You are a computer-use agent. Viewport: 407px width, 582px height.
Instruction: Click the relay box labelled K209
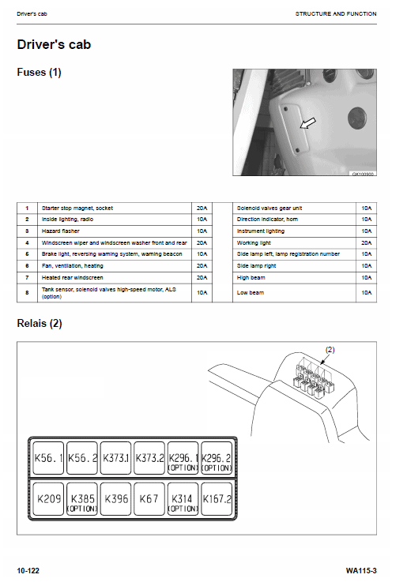(x=48, y=498)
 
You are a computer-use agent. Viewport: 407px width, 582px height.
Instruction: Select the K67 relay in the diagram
(x=149, y=498)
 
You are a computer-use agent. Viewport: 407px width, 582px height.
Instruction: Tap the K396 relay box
(x=115, y=498)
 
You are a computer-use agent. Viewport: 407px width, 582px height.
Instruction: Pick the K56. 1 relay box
(x=48, y=458)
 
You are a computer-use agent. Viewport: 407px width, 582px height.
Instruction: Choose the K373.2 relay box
(x=149, y=458)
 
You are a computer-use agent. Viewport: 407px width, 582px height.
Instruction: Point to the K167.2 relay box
(x=216, y=498)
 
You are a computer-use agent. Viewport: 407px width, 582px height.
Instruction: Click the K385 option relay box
(x=82, y=498)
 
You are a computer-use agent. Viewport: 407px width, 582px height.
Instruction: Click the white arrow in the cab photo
(x=308, y=123)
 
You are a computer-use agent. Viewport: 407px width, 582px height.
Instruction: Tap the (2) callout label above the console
(x=330, y=350)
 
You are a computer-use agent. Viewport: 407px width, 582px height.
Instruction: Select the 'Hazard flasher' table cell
(x=115, y=231)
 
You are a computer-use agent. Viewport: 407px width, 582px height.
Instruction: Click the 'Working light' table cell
(x=294, y=242)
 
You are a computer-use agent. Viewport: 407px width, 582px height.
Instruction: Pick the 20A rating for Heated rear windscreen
(x=202, y=278)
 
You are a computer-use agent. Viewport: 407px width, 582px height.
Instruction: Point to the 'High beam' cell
(x=294, y=278)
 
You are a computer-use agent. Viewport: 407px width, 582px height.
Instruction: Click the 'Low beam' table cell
(x=294, y=293)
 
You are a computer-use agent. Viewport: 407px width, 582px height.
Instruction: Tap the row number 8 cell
(x=27, y=293)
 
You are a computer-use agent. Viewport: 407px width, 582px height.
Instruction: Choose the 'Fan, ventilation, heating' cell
(x=115, y=266)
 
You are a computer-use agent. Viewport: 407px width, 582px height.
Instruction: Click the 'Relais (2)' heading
(x=40, y=323)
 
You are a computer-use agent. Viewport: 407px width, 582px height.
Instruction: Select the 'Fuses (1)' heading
(x=39, y=72)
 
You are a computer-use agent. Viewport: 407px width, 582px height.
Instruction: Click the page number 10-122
(x=28, y=570)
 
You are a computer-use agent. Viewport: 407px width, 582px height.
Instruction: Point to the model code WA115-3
(x=361, y=570)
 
